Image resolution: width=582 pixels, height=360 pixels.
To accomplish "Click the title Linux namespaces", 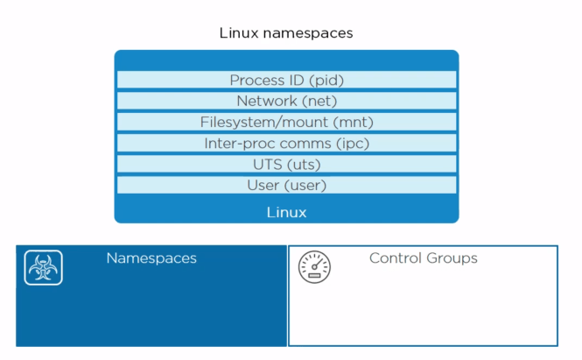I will [x=286, y=34].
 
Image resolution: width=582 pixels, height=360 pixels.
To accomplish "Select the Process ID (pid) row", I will [x=286, y=81].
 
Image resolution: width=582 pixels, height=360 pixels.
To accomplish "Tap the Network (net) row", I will [x=286, y=101].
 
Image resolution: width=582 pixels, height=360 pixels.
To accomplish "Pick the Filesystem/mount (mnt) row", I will [x=286, y=122].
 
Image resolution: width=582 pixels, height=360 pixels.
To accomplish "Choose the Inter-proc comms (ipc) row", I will [x=286, y=143].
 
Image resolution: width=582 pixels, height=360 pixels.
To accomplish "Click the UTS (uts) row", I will [x=286, y=164].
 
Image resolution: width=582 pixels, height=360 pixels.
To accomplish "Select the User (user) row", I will [x=286, y=185].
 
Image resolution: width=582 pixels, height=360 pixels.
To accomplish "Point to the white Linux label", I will [x=286, y=212].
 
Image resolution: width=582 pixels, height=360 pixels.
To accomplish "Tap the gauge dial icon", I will [x=314, y=266].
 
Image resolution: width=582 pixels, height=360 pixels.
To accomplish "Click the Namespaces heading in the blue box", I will [x=151, y=258].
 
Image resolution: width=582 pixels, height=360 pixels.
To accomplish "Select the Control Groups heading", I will [x=423, y=258].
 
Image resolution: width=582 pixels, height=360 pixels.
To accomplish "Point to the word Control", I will [x=395, y=258].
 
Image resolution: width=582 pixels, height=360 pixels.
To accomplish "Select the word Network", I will [x=267, y=101].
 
